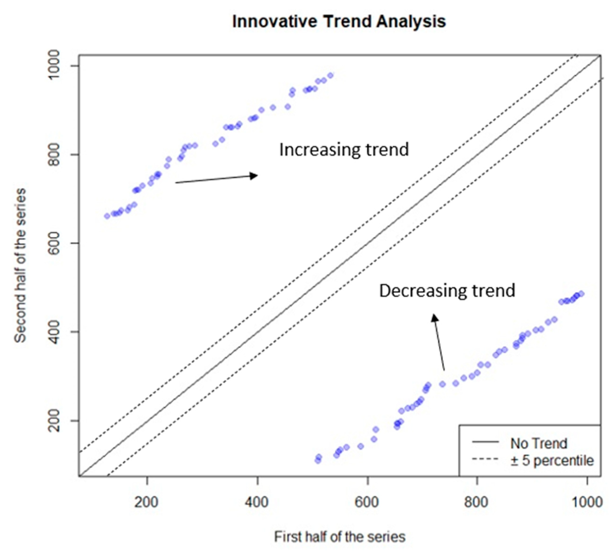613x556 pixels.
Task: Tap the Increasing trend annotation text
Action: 344,150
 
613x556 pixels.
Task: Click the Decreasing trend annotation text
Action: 447,291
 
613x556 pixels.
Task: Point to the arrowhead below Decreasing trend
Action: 435,317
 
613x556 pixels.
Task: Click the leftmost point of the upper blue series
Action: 107,216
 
